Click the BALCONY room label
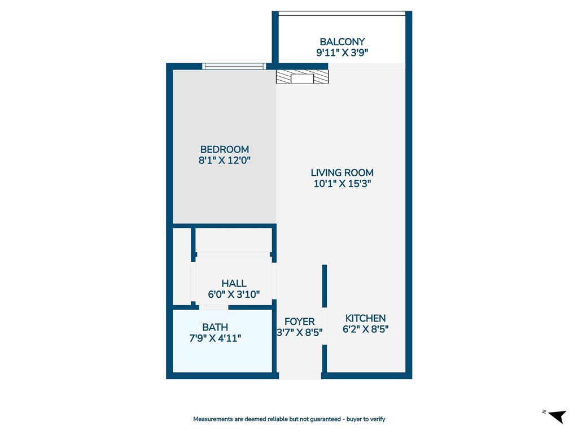pyautogui.click(x=342, y=42)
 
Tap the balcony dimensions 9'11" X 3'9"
pyautogui.click(x=342, y=53)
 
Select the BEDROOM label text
pyautogui.click(x=224, y=150)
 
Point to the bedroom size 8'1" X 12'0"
pyautogui.click(x=224, y=160)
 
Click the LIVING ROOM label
pyautogui.click(x=342, y=173)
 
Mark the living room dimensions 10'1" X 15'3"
pyautogui.click(x=342, y=184)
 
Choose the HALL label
pyautogui.click(x=234, y=284)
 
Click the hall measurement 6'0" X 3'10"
pyautogui.click(x=234, y=294)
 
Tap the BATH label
pyautogui.click(x=215, y=327)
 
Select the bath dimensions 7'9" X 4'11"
pyautogui.click(x=215, y=338)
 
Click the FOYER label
pyautogui.click(x=299, y=322)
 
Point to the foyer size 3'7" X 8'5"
pyautogui.click(x=299, y=333)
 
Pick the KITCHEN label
pyautogui.click(x=365, y=319)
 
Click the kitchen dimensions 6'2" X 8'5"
pyautogui.click(x=365, y=329)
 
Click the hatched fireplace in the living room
pyautogui.click(x=302, y=77)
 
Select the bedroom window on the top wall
pyautogui.click(x=234, y=66)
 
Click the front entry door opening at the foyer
pyautogui.click(x=300, y=375)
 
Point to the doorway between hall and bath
pyautogui.click(x=214, y=307)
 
